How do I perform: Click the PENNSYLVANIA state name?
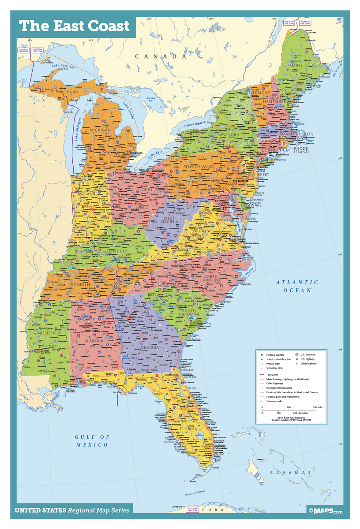coord(199,167)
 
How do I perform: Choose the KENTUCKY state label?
coord(116,251)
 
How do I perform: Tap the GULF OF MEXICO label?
coord(92,440)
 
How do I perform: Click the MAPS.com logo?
coord(325,511)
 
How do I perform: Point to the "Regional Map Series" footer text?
coord(99,510)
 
